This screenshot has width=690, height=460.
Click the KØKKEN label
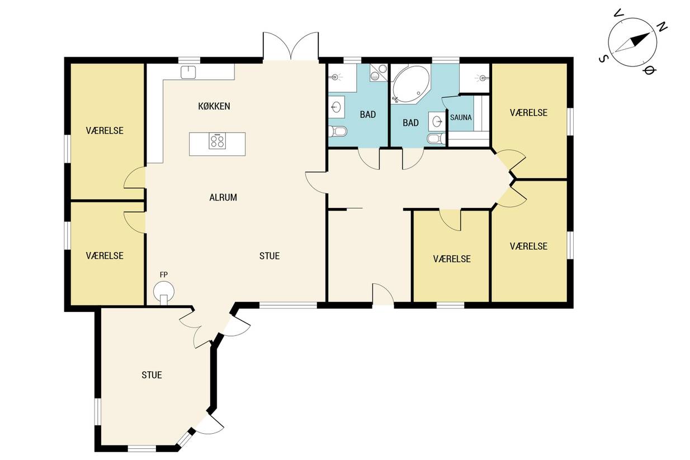pyautogui.click(x=214, y=106)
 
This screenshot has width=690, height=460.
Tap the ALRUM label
pyautogui.click(x=223, y=197)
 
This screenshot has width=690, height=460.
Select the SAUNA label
pyautogui.click(x=461, y=117)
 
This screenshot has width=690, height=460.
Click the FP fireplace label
pyautogui.click(x=164, y=274)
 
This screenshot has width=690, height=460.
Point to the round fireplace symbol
pyautogui.click(x=164, y=291)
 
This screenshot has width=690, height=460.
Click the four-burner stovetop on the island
pyautogui.click(x=217, y=141)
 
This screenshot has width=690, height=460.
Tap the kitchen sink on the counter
pyautogui.click(x=188, y=72)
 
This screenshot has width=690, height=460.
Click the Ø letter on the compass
pyautogui.click(x=649, y=71)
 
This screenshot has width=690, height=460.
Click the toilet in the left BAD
pyautogui.click(x=338, y=131)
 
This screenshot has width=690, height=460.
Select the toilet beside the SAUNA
pyautogui.click(x=437, y=138)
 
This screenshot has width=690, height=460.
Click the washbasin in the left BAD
pyautogui.click(x=337, y=107)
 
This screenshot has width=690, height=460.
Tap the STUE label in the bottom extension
pyautogui.click(x=152, y=375)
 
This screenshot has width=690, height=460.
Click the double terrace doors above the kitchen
pyautogui.click(x=291, y=46)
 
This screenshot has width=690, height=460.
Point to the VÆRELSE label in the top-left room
pyautogui.click(x=105, y=131)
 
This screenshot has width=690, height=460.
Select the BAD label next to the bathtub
pyautogui.click(x=410, y=123)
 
